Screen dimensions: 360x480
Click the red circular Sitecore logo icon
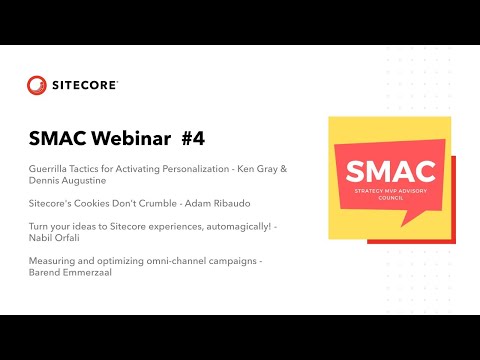point(37,85)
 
